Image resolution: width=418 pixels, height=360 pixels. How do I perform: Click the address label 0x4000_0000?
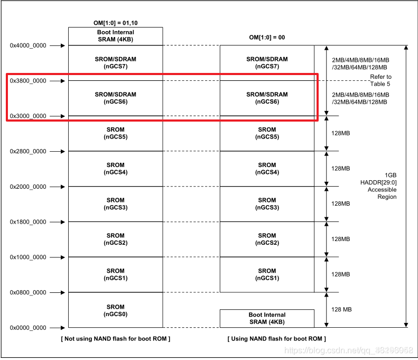click(28, 45)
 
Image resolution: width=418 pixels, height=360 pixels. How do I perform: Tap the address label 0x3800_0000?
click(28, 81)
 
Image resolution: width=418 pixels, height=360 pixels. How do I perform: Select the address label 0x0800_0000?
click(28, 292)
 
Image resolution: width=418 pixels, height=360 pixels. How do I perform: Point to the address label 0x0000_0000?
click(28, 328)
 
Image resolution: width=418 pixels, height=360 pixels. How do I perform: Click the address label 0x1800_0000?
click(28, 222)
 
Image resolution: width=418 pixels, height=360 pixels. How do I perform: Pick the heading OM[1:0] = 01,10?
click(115, 23)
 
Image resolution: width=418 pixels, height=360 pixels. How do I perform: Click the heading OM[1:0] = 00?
click(267, 38)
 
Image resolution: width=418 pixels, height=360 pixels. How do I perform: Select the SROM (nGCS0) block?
click(115, 310)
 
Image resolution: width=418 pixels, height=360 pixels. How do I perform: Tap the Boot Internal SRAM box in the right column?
click(267, 318)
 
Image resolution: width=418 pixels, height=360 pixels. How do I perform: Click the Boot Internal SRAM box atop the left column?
click(115, 36)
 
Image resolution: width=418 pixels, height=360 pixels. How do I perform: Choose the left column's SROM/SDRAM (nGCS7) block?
click(115, 63)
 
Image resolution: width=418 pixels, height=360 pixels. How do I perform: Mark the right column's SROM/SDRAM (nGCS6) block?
click(267, 98)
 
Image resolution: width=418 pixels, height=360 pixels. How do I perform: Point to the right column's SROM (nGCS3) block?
click(267, 204)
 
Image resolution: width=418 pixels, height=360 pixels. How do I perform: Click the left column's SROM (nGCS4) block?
click(115, 169)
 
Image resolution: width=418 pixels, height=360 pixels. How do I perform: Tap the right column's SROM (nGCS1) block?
click(267, 274)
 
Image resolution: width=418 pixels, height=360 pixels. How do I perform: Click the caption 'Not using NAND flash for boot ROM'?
click(115, 338)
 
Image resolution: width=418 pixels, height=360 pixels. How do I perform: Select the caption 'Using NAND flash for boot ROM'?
click(276, 338)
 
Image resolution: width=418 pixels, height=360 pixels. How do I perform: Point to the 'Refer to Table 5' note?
click(380, 80)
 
